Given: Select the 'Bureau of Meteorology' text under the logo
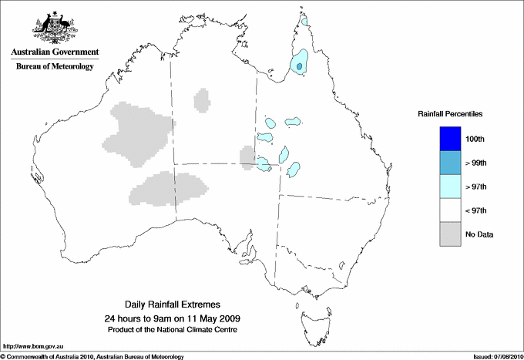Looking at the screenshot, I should pyautogui.click(x=55, y=67).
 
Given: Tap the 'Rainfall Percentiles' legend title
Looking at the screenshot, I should pyautogui.click(x=450, y=113).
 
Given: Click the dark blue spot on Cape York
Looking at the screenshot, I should pyautogui.click(x=300, y=67).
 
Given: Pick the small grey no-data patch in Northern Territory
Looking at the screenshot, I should pyautogui.click(x=203, y=99).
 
